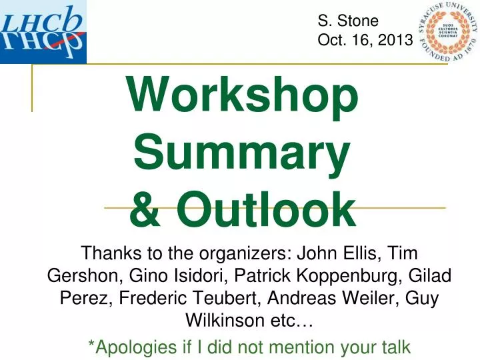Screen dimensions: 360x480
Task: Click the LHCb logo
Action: (x=43, y=31)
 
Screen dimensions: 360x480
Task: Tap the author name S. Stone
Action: (x=348, y=21)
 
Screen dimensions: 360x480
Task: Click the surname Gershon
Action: (x=79, y=276)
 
